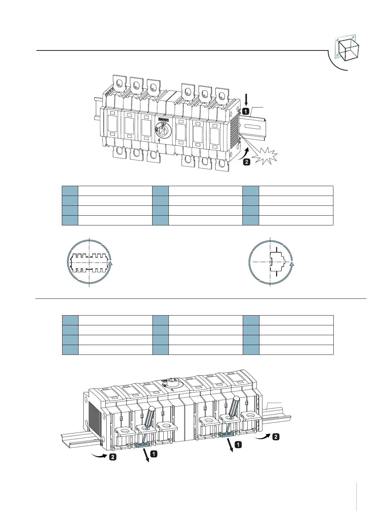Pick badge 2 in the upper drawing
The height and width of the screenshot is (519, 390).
click(246, 162)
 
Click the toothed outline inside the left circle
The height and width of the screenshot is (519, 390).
click(89, 263)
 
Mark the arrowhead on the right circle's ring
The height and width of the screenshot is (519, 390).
click(292, 263)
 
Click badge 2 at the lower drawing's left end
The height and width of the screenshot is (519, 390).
click(113, 457)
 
